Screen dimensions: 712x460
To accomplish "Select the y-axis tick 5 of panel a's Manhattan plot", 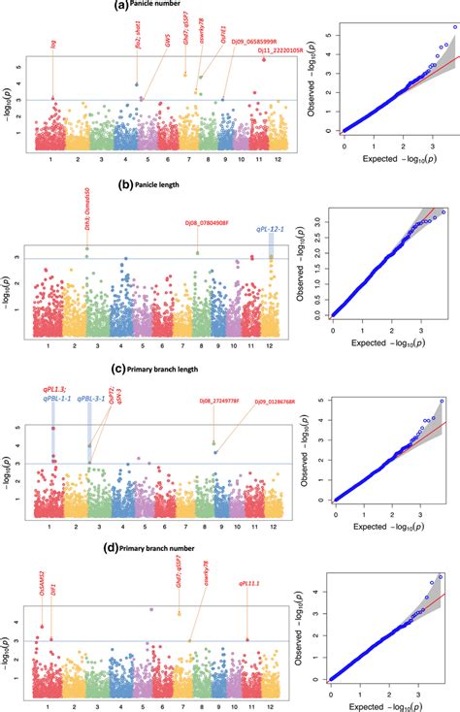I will [22, 67].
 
